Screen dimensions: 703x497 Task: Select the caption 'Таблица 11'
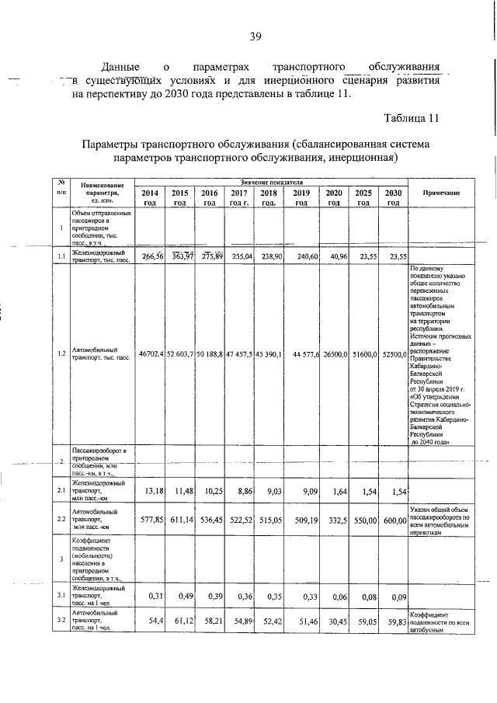tap(412, 118)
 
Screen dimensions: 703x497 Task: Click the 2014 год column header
tap(150, 197)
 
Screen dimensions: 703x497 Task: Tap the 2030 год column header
tap(394, 197)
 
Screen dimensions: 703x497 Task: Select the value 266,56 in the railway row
tap(151, 256)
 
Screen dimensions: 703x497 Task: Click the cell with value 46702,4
tap(151, 353)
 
